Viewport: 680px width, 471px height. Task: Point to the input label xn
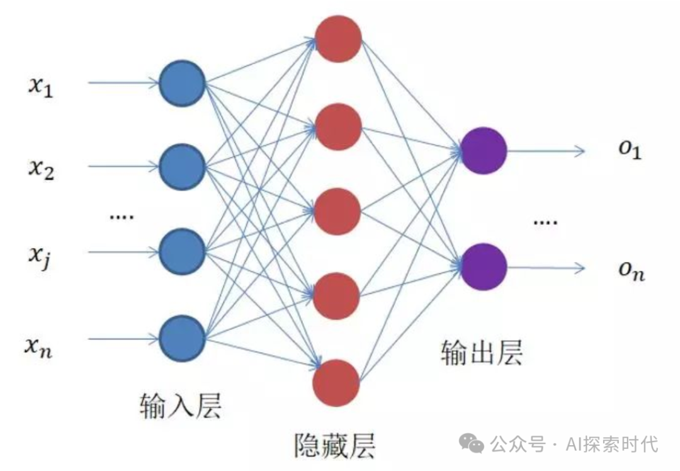point(39,346)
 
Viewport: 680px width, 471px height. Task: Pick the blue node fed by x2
point(182,167)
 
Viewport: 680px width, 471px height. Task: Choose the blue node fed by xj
point(182,253)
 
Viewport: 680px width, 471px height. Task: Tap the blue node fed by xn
point(182,339)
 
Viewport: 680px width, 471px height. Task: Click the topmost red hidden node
point(338,39)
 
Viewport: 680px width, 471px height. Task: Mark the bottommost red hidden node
point(336,382)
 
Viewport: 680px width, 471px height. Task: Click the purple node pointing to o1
point(484,150)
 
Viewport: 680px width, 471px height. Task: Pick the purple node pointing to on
point(484,267)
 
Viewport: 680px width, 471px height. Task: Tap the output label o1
point(629,150)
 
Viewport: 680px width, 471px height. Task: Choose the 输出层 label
point(482,352)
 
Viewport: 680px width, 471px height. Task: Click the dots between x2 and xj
point(122,217)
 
